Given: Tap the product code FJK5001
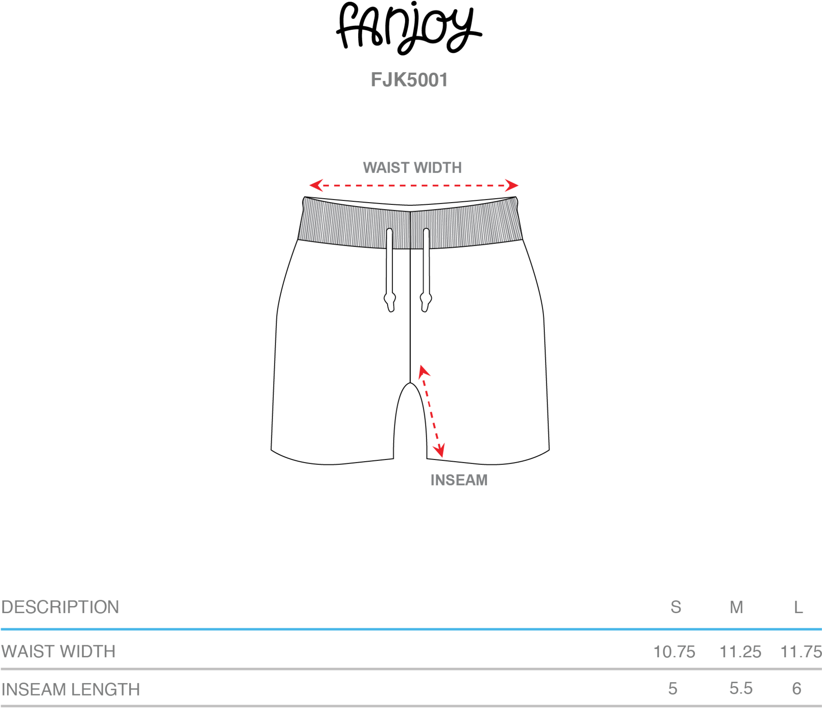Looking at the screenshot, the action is [x=409, y=80].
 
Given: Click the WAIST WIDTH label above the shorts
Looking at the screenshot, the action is [x=412, y=168].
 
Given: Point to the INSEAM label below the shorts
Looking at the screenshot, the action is [x=459, y=480].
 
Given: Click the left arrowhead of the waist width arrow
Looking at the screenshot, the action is [x=316, y=185].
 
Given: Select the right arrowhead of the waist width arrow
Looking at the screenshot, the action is [x=512, y=185].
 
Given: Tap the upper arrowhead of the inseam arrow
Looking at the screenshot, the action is [x=423, y=371].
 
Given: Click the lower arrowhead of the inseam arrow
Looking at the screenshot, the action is [x=439, y=451].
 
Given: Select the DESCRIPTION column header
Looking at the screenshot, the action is [x=60, y=607].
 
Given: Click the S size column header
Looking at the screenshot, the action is [x=675, y=607].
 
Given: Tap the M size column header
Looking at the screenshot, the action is [x=736, y=607].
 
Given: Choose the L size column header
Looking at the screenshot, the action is [x=798, y=607].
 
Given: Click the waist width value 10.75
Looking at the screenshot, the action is [x=674, y=652].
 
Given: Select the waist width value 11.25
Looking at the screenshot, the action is [x=740, y=652].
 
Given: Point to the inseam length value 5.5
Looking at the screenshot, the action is [x=741, y=688].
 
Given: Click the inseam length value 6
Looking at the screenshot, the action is [x=797, y=688].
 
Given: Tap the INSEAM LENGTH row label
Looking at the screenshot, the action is [x=71, y=690].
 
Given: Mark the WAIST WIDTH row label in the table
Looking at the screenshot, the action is [x=58, y=652].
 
